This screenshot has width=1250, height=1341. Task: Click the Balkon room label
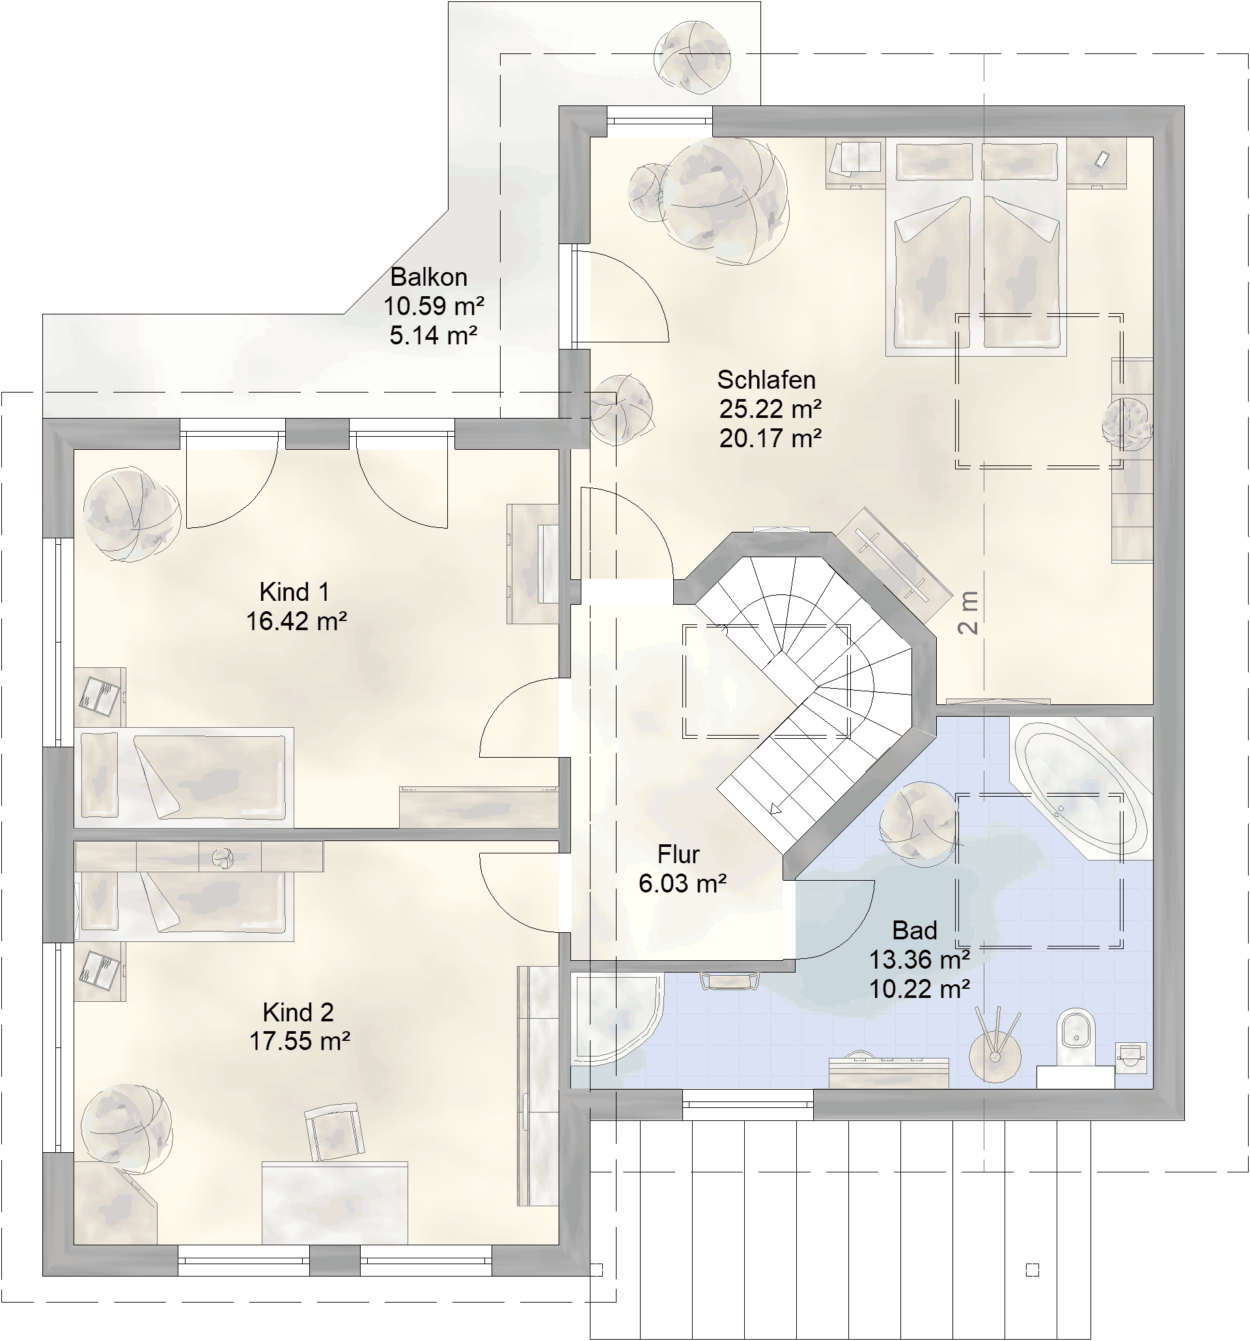tap(428, 277)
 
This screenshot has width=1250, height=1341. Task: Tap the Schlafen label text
tap(766, 380)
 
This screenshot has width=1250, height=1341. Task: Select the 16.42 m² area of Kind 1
tap(296, 621)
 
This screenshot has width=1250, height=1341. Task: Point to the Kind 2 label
tap(298, 1012)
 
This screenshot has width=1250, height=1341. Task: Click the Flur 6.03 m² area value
tap(682, 883)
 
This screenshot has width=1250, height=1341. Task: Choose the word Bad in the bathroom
tap(915, 930)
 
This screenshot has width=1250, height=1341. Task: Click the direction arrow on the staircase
tap(776, 809)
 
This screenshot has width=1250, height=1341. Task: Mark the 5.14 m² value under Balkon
tap(433, 335)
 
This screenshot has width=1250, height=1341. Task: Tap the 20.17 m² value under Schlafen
tap(770, 439)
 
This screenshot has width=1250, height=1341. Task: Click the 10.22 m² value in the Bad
tap(919, 989)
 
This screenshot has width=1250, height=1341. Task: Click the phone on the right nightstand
tap(1102, 159)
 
